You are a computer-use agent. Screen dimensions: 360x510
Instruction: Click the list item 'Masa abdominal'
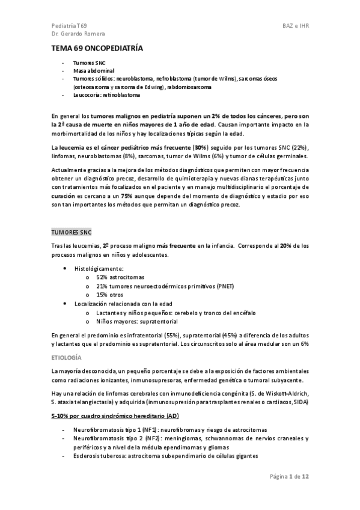(x=90, y=70)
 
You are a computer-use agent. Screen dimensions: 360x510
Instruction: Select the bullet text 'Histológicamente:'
(x=99, y=268)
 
